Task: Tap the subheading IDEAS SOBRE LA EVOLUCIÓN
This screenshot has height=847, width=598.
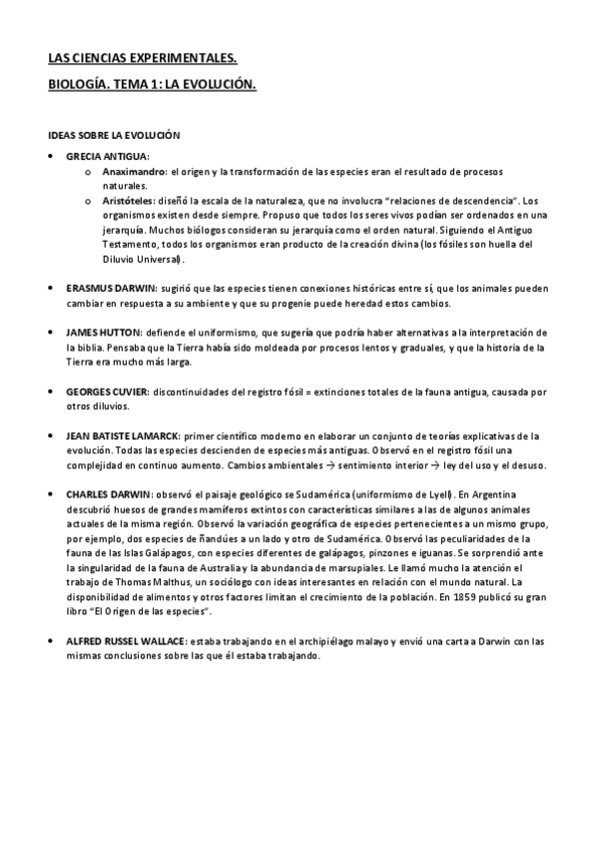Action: [113, 134]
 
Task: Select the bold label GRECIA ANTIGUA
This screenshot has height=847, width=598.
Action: [107, 157]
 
